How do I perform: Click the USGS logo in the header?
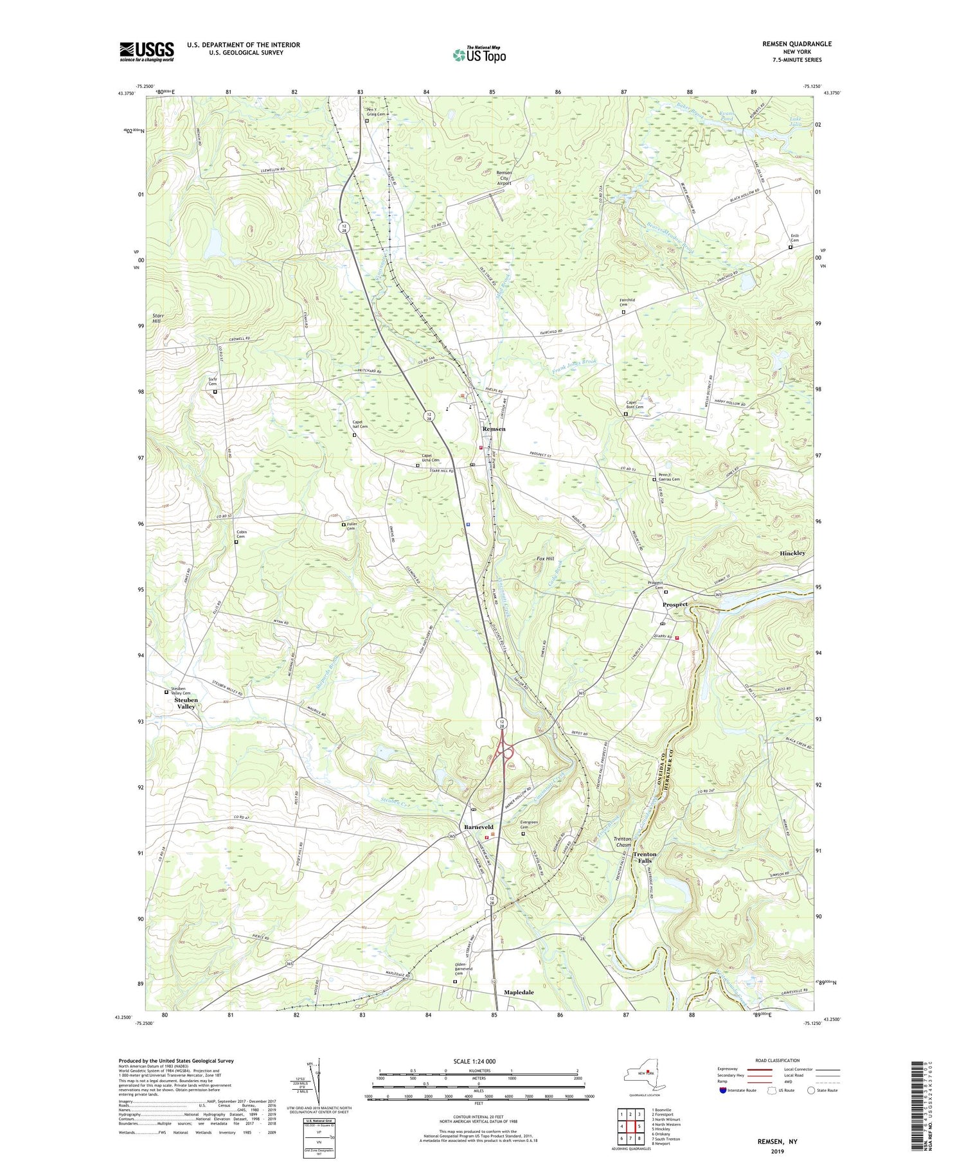coord(147,51)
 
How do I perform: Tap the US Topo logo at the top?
coord(479,55)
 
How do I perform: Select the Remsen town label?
coord(494,429)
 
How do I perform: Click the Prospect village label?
coord(675,605)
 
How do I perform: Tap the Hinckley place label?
coord(792,553)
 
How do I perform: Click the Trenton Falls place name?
coord(645,859)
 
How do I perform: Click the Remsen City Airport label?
coord(504,178)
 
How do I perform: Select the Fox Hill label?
coord(545,559)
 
